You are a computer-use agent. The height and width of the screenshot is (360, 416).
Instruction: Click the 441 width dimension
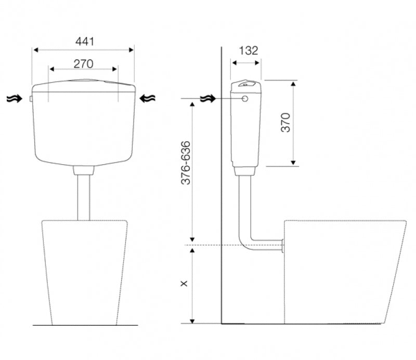pyautogui.click(x=85, y=42)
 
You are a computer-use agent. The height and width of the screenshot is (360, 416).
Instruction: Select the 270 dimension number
pyautogui.click(x=83, y=64)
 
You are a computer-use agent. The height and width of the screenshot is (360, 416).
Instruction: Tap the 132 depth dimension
pyautogui.click(x=249, y=50)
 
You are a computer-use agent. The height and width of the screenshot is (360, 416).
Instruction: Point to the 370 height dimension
pyautogui.click(x=285, y=123)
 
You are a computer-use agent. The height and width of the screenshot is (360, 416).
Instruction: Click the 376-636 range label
pyautogui.click(x=186, y=163)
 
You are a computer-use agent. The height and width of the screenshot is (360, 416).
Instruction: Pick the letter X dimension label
pyautogui.click(x=184, y=284)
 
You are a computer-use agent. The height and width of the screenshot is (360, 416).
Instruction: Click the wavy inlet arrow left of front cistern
pyautogui.click(x=15, y=99)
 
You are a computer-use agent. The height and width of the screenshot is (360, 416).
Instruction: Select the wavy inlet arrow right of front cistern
pyautogui.click(x=148, y=99)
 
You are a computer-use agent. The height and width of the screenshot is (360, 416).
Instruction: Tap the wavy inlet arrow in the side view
pyautogui.click(x=209, y=99)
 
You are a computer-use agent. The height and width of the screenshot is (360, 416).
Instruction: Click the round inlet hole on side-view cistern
pyautogui.click(x=245, y=99)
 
